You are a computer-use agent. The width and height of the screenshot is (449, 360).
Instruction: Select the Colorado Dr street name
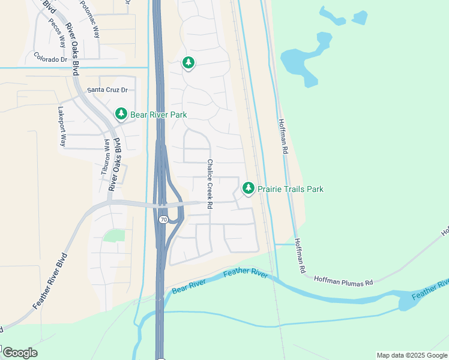point(50,58)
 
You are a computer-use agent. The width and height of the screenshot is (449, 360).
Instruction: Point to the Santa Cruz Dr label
point(108,90)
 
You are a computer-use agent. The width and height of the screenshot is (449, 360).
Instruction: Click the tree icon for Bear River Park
point(121,114)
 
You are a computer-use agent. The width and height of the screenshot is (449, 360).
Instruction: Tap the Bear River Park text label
point(158,115)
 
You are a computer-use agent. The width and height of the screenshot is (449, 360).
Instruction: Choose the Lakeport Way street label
point(61,127)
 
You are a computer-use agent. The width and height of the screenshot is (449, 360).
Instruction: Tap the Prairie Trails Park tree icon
point(248,189)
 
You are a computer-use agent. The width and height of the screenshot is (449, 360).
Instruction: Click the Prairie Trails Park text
point(291,189)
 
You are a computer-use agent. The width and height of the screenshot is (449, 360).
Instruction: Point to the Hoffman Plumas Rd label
point(344,281)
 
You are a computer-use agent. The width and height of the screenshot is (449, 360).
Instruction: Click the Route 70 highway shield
point(163,220)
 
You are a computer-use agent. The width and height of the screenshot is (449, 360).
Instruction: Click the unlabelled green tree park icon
point(188,62)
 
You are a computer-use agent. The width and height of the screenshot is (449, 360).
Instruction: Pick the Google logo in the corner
point(20,353)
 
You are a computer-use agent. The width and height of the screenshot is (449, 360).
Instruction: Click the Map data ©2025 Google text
point(411,355)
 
